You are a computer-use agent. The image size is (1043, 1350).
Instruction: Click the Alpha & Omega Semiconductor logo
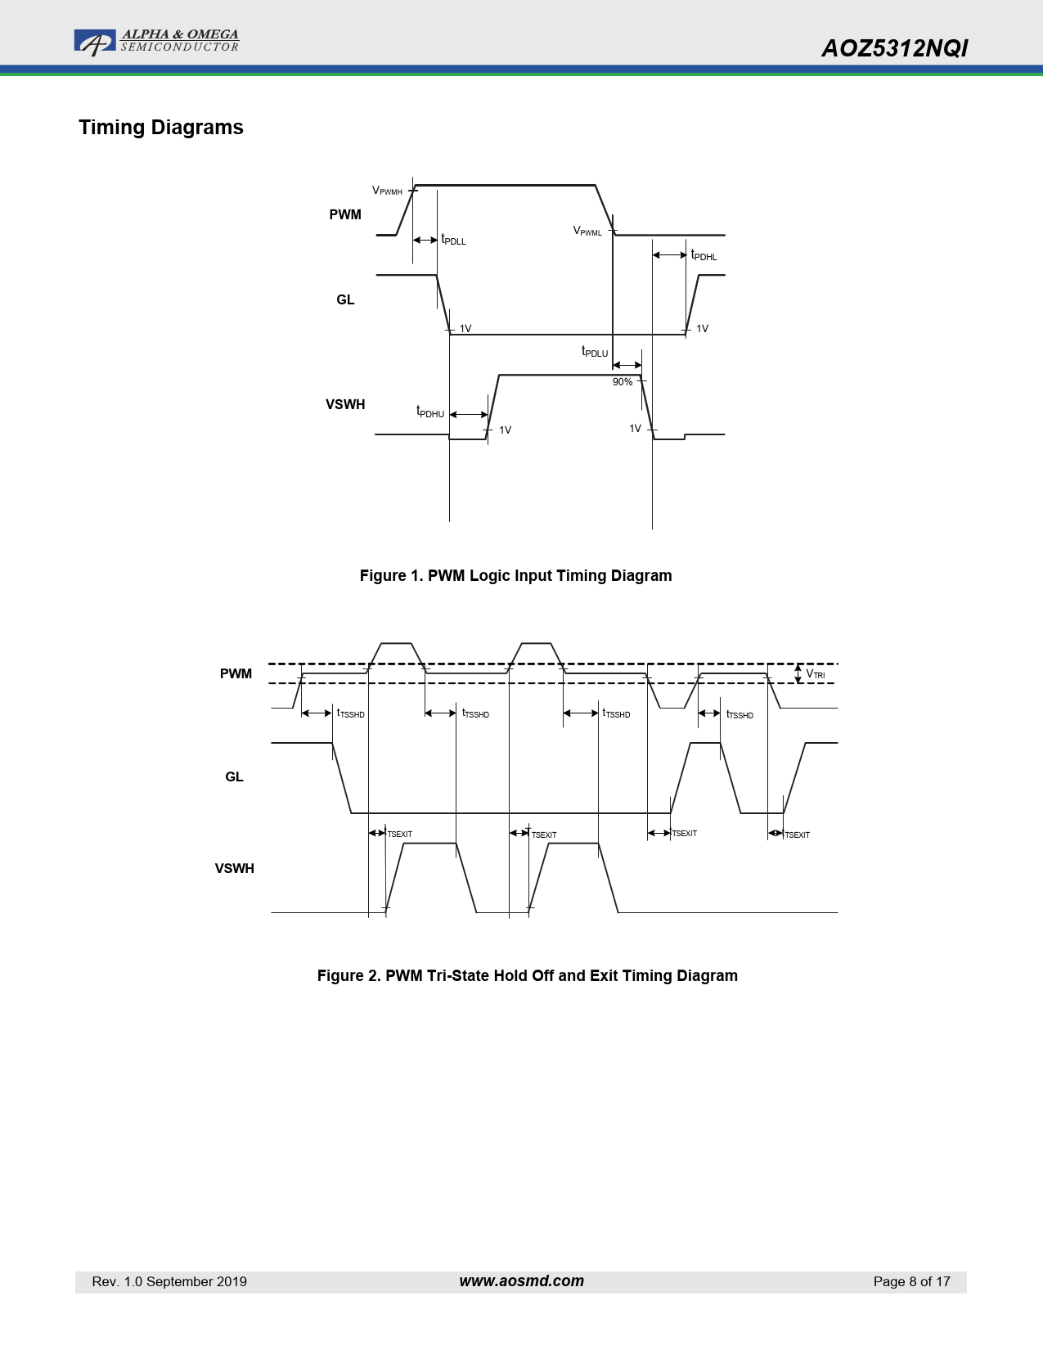tap(156, 42)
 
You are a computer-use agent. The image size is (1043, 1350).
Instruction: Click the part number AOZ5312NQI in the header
tap(895, 48)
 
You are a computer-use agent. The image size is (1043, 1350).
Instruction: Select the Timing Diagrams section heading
tap(161, 128)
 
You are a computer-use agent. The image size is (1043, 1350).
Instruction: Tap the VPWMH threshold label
tap(387, 191)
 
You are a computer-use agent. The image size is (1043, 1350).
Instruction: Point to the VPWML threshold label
tap(587, 231)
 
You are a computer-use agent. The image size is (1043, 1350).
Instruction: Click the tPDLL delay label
tap(453, 240)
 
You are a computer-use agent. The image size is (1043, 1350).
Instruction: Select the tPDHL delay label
tap(704, 255)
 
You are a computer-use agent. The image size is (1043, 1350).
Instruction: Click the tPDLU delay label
tap(595, 352)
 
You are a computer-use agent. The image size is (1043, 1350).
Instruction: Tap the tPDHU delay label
tap(429, 412)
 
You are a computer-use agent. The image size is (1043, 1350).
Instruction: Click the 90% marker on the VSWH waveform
tap(623, 382)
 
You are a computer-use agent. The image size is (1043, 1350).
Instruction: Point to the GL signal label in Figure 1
tap(345, 300)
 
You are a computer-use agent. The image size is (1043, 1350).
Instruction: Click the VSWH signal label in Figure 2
tap(234, 869)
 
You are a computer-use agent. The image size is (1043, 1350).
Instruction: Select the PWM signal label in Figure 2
tap(236, 674)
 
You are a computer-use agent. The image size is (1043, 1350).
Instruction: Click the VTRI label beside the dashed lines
tap(815, 674)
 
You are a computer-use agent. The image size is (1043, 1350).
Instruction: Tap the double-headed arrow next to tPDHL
tap(670, 254)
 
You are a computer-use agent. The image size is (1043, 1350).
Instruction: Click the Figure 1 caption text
tap(515, 576)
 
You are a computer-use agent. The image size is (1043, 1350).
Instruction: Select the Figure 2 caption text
tap(528, 976)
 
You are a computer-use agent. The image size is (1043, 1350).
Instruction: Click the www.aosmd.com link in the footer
tap(522, 1281)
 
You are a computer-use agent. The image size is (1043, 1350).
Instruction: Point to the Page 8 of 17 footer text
tap(911, 1281)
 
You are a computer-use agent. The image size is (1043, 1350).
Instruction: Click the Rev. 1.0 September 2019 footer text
tap(169, 1281)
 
